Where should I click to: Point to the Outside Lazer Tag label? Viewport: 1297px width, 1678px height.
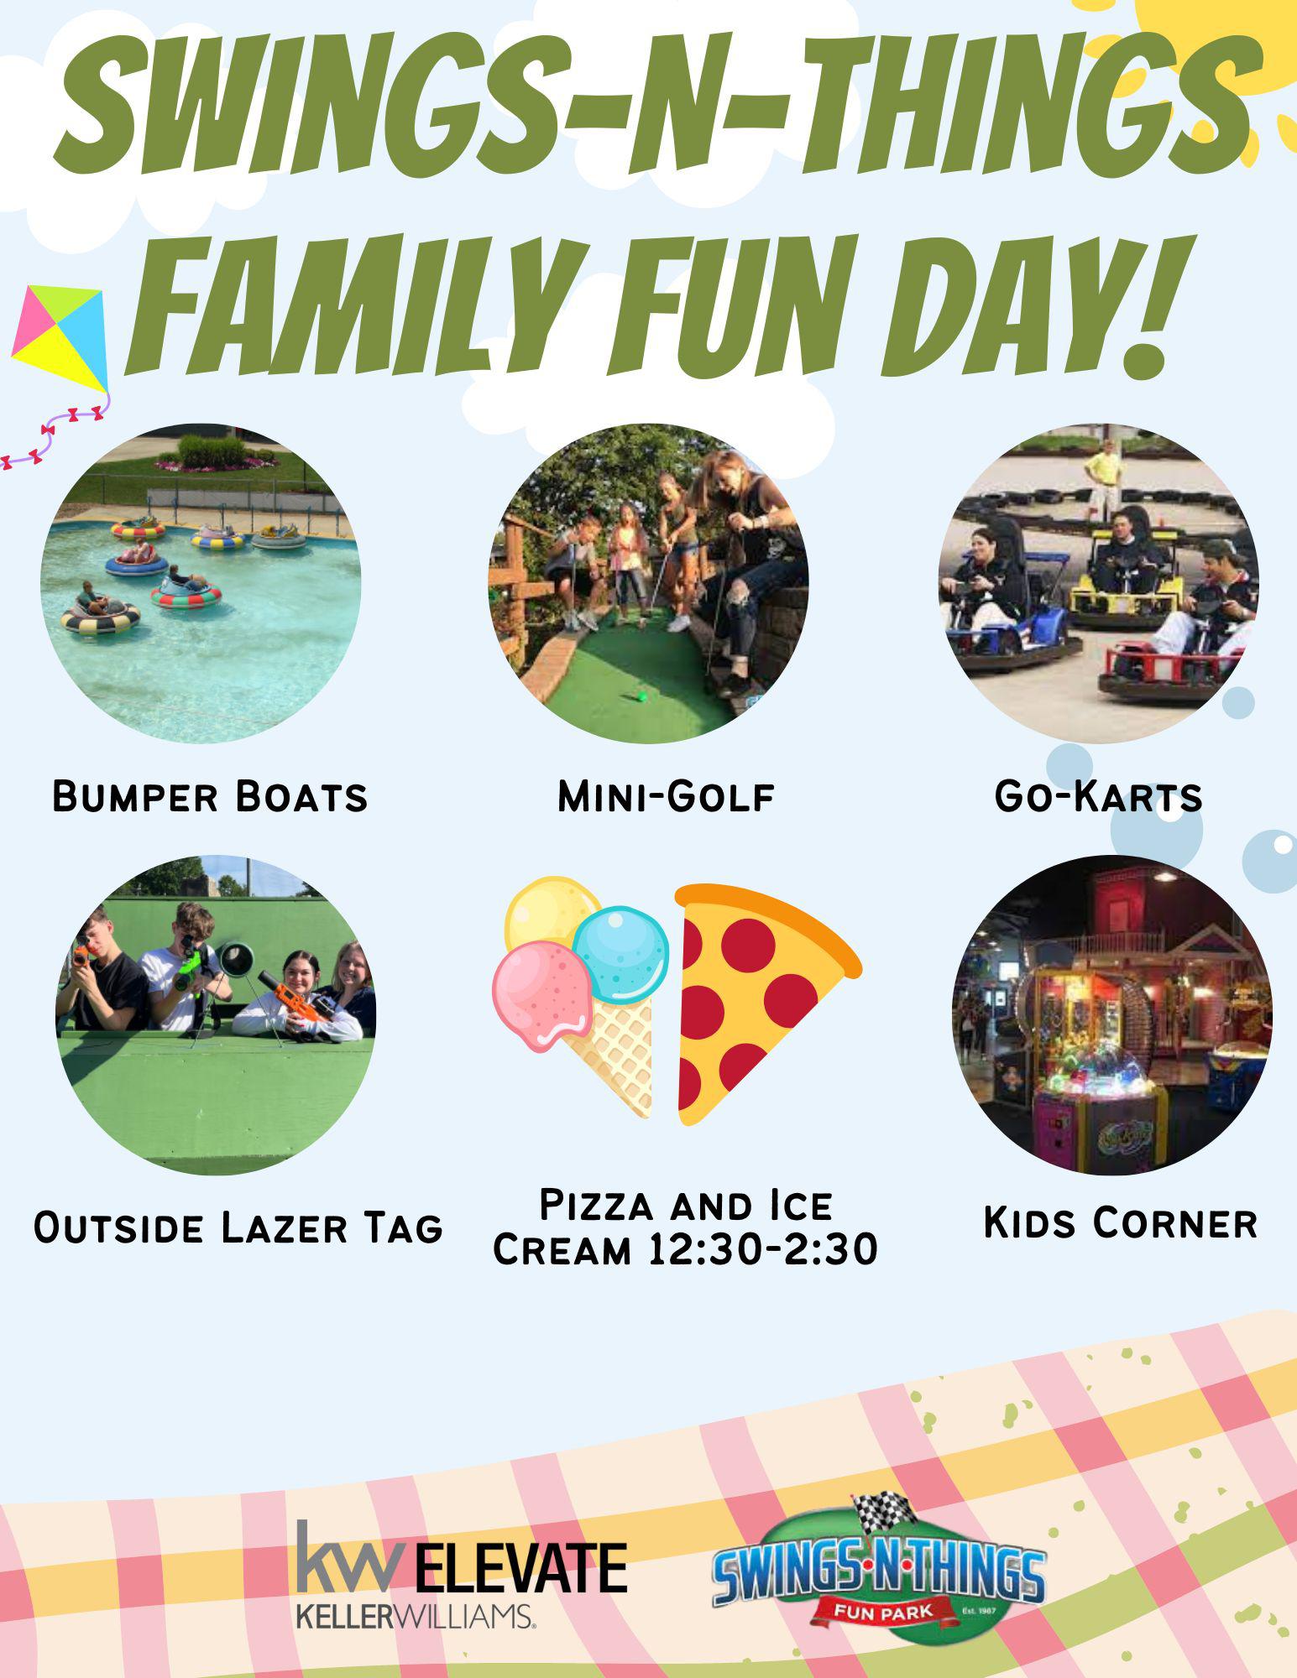click(238, 1227)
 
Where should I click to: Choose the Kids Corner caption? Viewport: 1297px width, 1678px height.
click(1120, 1222)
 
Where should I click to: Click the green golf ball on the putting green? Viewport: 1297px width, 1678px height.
click(642, 695)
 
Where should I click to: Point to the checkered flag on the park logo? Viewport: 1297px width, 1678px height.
click(881, 1510)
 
